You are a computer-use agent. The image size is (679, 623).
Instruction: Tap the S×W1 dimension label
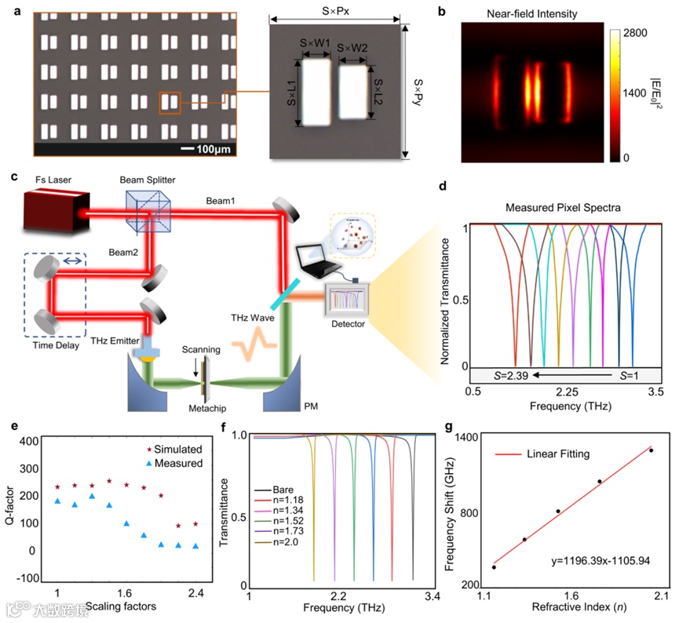pyautogui.click(x=317, y=49)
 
